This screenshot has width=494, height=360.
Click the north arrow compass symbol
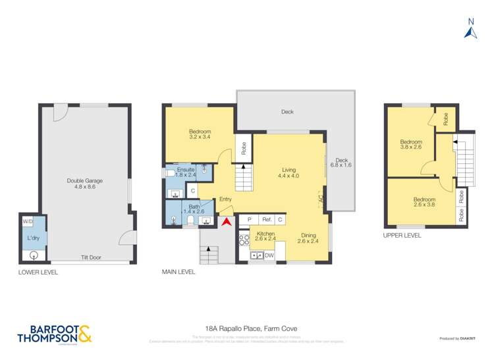pyautogui.click(x=470, y=29)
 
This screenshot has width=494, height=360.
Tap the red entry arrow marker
pyautogui.click(x=225, y=222)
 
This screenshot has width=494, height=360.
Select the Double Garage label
pyautogui.click(x=85, y=184)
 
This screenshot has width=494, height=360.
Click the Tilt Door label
pyautogui.click(x=90, y=257)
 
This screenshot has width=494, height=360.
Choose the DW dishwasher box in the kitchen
pyautogui.click(x=269, y=255)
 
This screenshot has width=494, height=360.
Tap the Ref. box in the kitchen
pyautogui.click(x=267, y=220)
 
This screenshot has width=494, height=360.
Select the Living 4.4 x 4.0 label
pyautogui.click(x=288, y=172)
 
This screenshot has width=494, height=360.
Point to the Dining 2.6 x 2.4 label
pyautogui.click(x=307, y=238)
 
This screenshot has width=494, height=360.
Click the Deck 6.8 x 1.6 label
pyautogui.click(x=341, y=162)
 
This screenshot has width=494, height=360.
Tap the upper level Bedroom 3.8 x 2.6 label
pyautogui.click(x=411, y=144)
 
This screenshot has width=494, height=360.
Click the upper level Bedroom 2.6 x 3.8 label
pyautogui.click(x=425, y=202)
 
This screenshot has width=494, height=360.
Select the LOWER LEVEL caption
pyautogui.click(x=38, y=272)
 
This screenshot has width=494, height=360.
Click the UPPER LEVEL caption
pyautogui.click(x=402, y=235)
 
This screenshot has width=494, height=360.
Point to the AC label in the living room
pyautogui.click(x=320, y=197)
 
